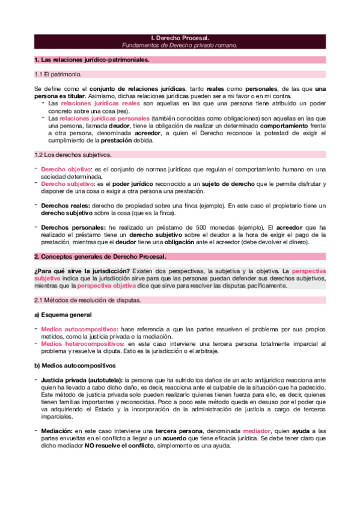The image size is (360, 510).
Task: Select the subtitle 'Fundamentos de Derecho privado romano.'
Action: [180, 45]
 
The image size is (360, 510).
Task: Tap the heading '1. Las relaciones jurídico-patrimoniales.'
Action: [91, 60]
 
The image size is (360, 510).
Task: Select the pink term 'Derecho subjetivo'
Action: [67, 183]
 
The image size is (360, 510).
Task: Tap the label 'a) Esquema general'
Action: [63, 315]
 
